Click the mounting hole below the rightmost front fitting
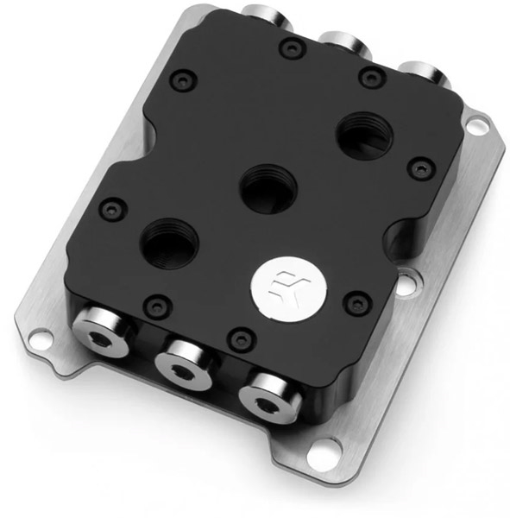[322, 450]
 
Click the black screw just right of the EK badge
[352, 302]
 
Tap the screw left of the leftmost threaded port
[109, 208]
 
